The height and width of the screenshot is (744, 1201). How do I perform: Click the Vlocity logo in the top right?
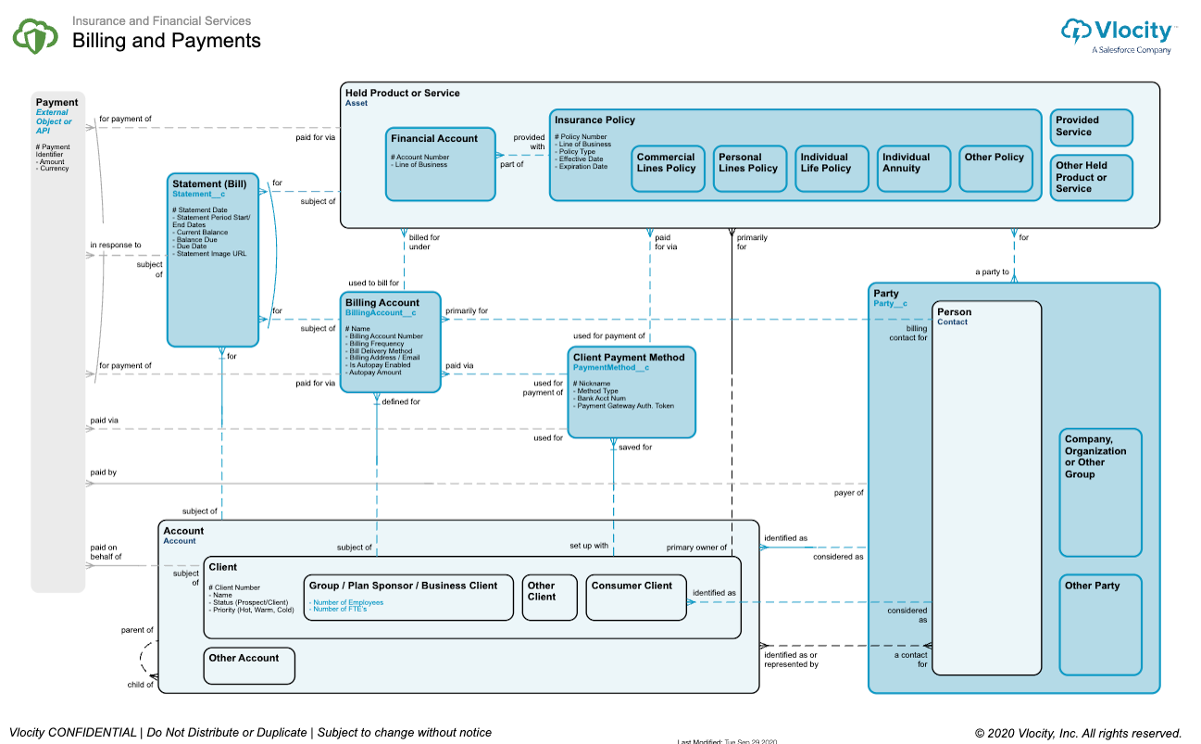[x=1119, y=35]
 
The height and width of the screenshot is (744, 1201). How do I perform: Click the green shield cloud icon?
[x=35, y=35]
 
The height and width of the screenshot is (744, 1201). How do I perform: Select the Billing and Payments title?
[x=167, y=41]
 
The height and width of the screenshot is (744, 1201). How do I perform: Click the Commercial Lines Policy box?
[x=668, y=169]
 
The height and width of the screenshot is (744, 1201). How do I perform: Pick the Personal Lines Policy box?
[x=749, y=169]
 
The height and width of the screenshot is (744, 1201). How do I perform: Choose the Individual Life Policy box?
[x=832, y=169]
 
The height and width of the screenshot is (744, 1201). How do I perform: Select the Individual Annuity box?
[x=913, y=169]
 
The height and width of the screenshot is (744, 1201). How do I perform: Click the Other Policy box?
[x=995, y=169]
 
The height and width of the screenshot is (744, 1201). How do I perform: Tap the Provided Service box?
[x=1091, y=128]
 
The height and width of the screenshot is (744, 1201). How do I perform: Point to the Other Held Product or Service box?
[x=1091, y=177]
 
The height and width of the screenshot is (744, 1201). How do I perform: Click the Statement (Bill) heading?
[x=209, y=183]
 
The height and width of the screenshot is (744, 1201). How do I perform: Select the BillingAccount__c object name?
[x=381, y=313]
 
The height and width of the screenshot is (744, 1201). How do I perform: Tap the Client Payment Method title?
[x=629, y=357]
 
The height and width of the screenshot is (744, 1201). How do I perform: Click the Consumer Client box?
[x=635, y=598]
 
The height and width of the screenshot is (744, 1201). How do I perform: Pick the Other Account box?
[x=248, y=665]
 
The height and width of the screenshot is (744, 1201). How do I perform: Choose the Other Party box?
[x=1100, y=624]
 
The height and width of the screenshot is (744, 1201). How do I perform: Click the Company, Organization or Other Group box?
[x=1100, y=492]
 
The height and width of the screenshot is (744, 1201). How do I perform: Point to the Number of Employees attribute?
[x=348, y=602]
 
